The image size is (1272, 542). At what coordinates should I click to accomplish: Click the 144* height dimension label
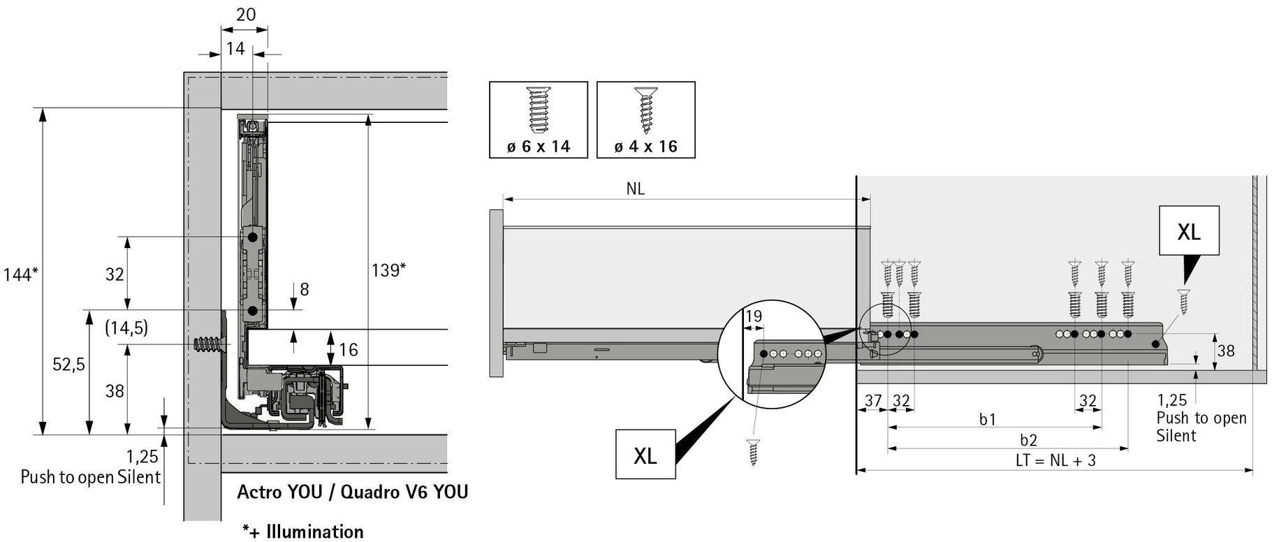(20, 274)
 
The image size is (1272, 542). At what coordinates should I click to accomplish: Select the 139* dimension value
(388, 270)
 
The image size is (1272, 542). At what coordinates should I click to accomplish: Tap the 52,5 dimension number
(69, 364)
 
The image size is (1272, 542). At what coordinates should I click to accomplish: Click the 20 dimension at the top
(246, 14)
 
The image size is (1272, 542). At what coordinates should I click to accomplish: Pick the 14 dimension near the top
(235, 48)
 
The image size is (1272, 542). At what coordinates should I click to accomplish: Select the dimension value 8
(304, 289)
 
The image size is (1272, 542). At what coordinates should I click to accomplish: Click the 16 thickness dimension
(348, 349)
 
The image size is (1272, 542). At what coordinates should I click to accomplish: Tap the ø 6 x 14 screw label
(539, 147)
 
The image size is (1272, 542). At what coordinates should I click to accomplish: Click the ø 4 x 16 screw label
(646, 147)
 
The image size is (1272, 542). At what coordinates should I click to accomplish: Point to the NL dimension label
(635, 189)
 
